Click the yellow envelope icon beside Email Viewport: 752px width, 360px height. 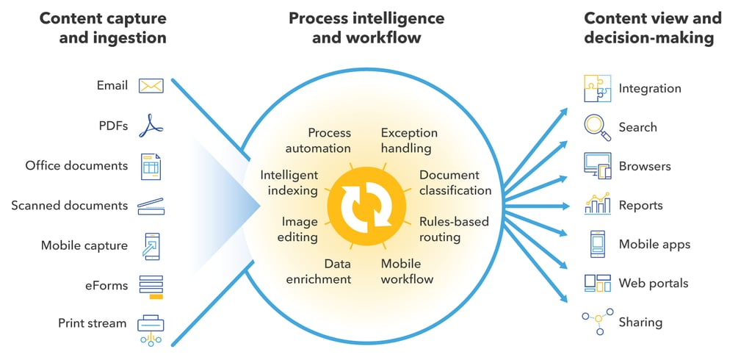151,86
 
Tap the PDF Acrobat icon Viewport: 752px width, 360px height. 151,126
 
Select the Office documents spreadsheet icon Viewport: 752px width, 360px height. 151,166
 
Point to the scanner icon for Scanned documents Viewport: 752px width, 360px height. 151,206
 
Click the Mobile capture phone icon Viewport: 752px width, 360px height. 151,246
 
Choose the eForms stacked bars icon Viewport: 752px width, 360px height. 151,287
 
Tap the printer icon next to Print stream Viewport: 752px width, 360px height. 151,329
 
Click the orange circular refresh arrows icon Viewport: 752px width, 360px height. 366,206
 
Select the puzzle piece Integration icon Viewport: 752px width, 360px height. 598,88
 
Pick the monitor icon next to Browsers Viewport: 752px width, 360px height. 598,166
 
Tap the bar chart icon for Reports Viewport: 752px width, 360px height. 598,204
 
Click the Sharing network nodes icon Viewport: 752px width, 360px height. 598,321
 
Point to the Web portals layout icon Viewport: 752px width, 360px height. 598,283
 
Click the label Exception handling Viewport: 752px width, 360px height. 409,140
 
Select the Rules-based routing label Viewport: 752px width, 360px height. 454,229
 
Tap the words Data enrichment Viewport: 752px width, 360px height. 319,271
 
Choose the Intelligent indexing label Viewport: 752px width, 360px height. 289,183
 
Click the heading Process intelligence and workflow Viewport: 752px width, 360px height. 366,27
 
